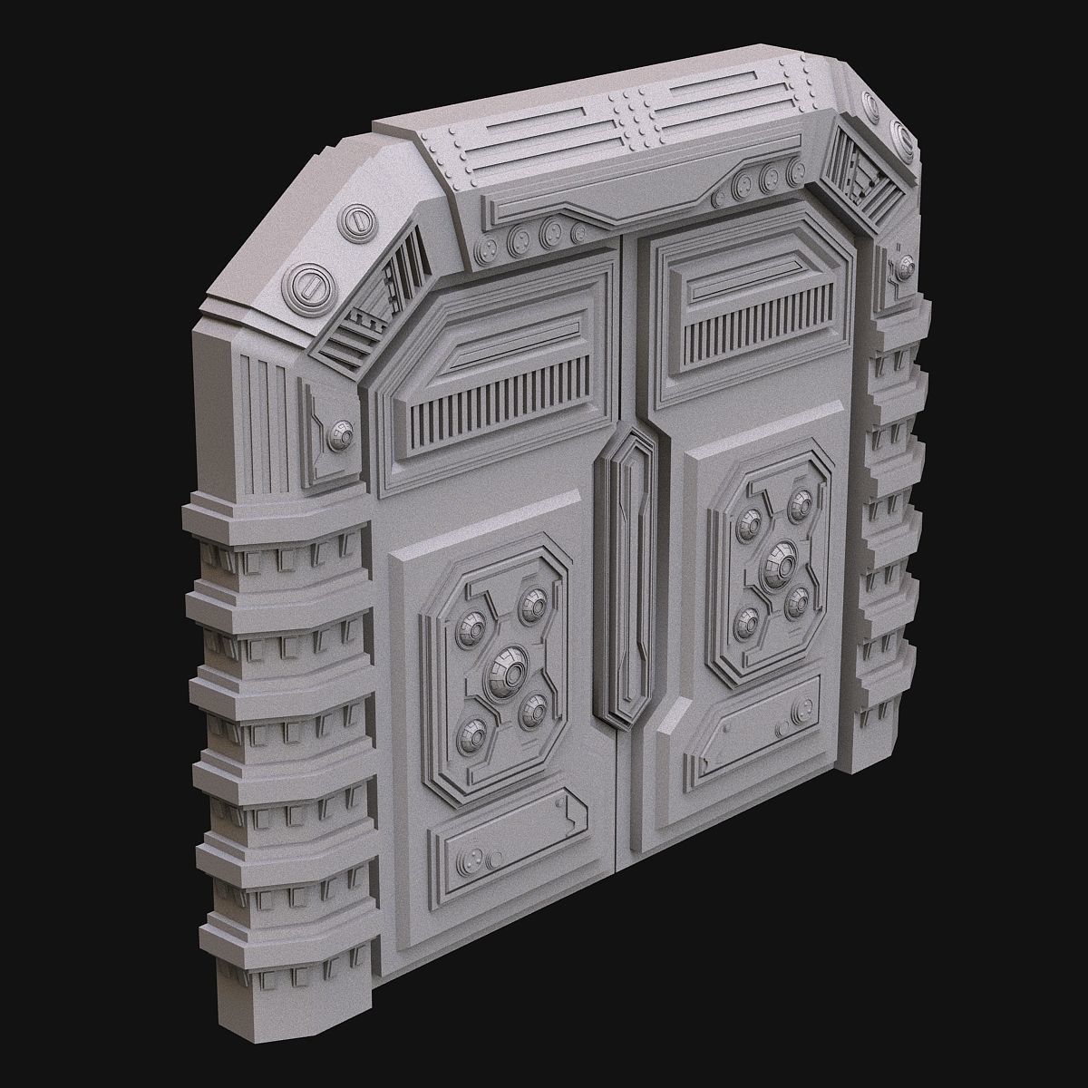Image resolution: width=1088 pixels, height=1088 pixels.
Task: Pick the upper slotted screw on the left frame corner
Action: (x=359, y=222)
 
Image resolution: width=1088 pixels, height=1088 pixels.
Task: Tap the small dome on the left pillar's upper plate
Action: (x=342, y=434)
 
